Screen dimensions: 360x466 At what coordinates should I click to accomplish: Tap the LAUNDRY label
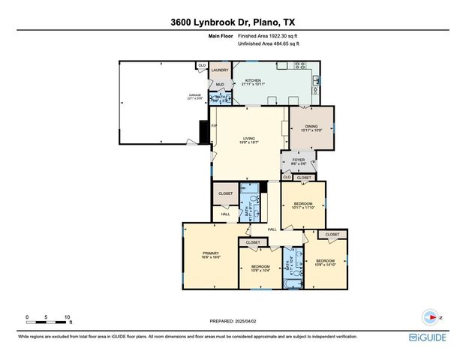point(219,70)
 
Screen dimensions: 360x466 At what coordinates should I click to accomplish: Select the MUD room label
point(220,85)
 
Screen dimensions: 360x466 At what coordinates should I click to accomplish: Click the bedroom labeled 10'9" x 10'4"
point(260,268)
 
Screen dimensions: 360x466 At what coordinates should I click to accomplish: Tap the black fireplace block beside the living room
point(203,131)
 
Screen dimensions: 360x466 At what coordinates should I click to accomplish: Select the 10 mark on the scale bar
point(68,318)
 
